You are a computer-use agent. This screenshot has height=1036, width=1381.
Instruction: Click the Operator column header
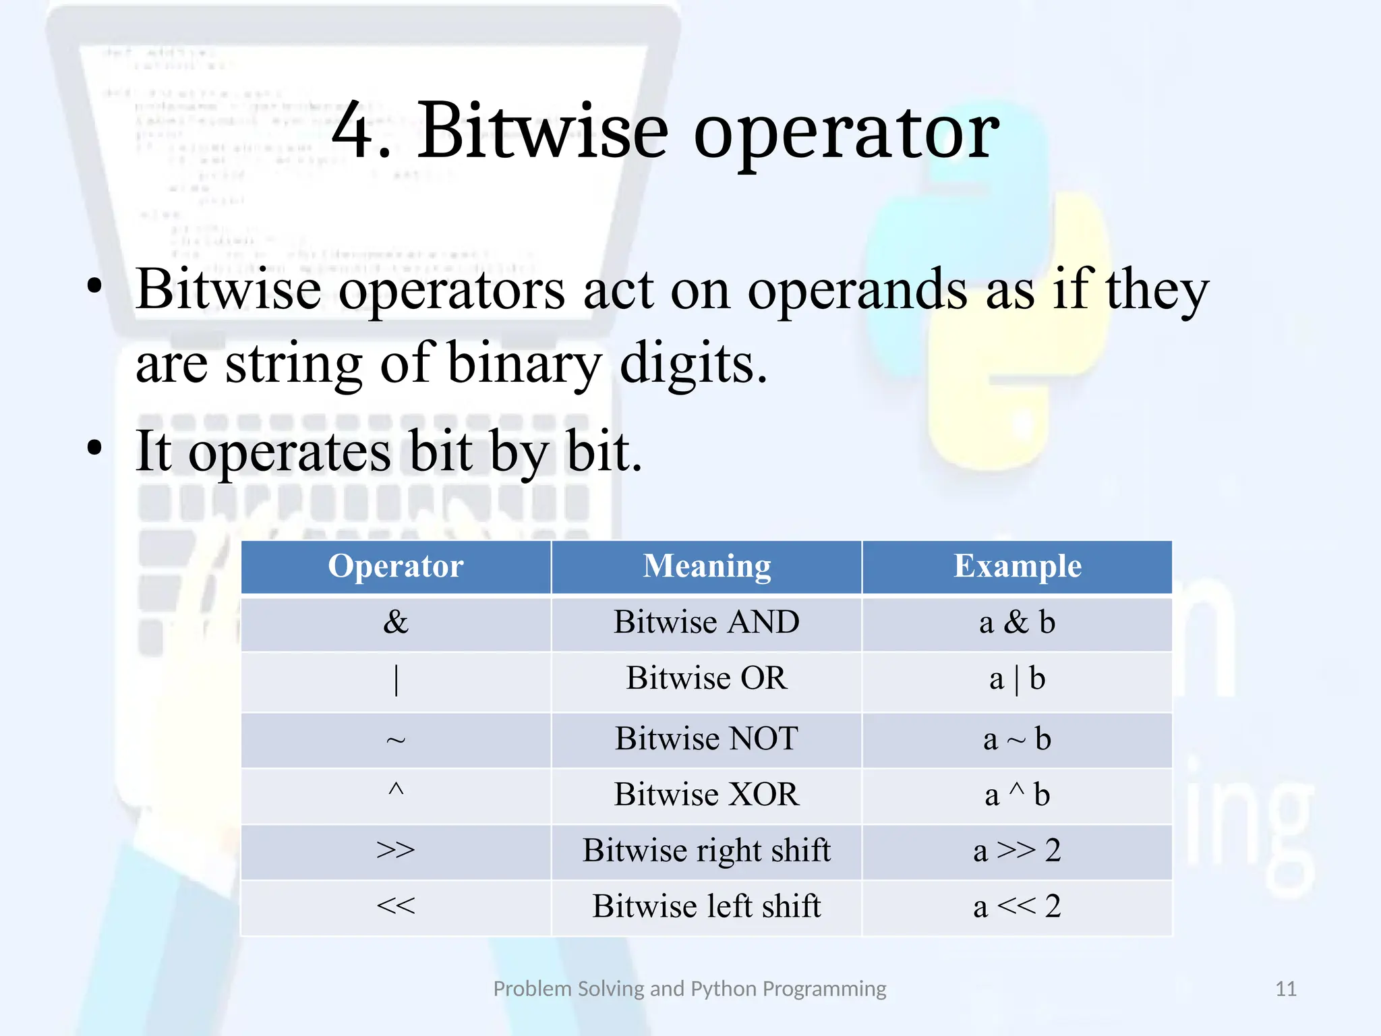tap(396, 567)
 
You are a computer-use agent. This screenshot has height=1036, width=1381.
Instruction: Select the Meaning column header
tap(707, 567)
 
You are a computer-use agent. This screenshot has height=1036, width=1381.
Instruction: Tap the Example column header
tap(1018, 567)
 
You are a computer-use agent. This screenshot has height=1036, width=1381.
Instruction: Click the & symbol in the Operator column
tap(396, 622)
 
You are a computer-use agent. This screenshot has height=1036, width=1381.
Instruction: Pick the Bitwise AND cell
tap(707, 622)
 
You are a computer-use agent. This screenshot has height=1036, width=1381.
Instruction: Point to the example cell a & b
tap(1018, 622)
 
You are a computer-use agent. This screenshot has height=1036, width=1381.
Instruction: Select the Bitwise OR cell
tap(707, 678)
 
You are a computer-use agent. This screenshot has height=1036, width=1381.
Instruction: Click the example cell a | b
tap(1018, 679)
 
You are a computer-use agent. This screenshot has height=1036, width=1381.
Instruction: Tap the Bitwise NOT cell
tap(707, 739)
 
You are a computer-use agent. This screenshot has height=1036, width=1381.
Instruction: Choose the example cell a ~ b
tap(1018, 739)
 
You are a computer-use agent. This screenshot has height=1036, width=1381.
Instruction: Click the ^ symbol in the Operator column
tap(396, 790)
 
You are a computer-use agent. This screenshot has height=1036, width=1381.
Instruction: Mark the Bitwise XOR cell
tap(707, 795)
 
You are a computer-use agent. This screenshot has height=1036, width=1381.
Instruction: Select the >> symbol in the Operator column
tap(396, 850)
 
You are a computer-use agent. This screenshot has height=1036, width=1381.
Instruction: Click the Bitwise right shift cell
tap(707, 851)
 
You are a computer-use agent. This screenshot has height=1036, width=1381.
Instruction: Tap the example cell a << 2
tap(1018, 906)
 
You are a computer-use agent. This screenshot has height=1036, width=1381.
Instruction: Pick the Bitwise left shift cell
tap(707, 906)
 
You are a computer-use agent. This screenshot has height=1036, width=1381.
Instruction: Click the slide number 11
tap(1286, 989)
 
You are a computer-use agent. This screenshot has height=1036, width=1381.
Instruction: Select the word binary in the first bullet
tap(523, 364)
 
